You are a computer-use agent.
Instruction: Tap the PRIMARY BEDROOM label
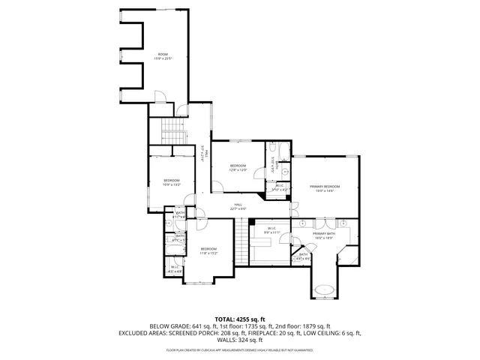point(325,188)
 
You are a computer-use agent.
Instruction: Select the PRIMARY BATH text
point(324,236)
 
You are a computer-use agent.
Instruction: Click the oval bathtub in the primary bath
point(324,289)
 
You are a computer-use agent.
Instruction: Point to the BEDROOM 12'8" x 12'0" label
point(238,167)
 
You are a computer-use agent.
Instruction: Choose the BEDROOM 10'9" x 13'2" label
point(172,182)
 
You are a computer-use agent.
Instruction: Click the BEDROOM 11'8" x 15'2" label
point(208,250)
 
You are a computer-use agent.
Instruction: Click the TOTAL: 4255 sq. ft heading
point(240,319)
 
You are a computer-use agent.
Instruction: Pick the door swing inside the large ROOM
point(160,97)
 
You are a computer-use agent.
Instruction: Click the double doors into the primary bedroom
point(295,206)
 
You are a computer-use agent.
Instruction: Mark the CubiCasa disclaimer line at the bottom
point(240,349)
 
